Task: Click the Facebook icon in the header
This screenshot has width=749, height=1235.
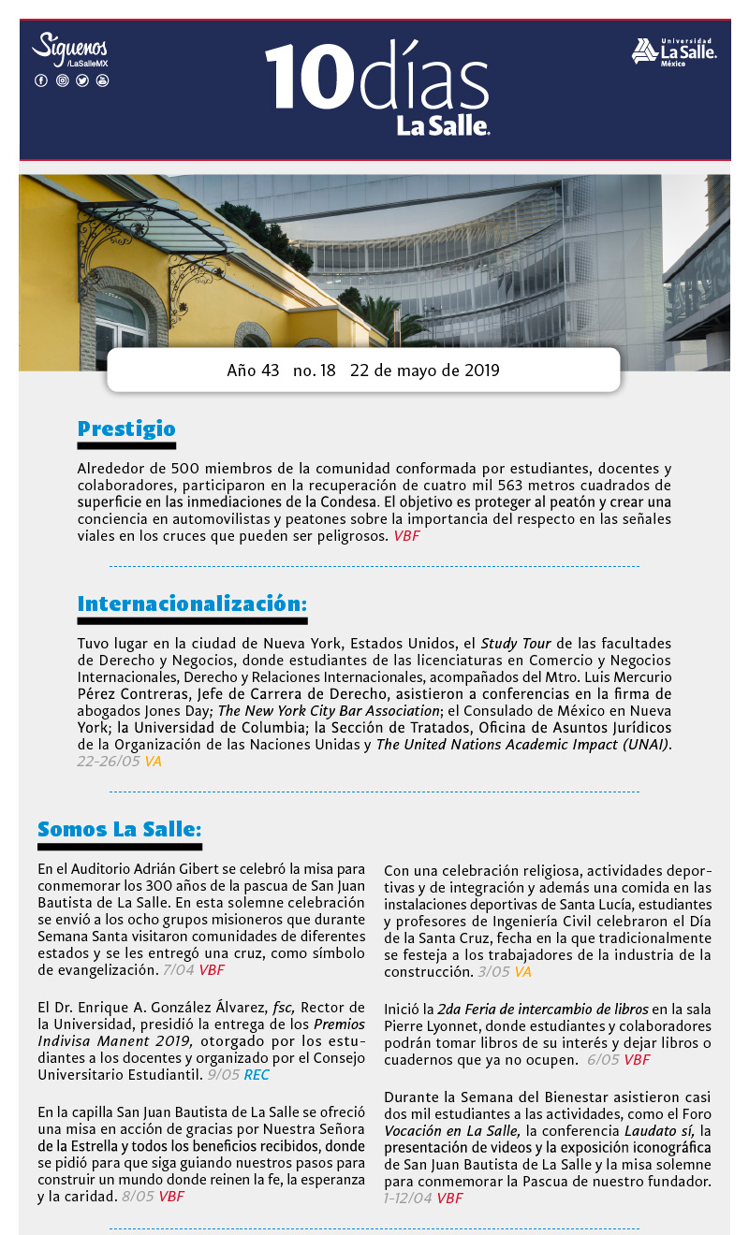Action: click(x=41, y=80)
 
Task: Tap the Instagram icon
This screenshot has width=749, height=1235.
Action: click(x=62, y=80)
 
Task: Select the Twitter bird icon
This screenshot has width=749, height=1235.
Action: click(x=82, y=80)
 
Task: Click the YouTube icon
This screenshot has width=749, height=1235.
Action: click(x=103, y=80)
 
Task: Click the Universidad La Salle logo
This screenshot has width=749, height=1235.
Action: click(x=674, y=51)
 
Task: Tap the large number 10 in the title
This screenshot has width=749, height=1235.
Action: click(x=301, y=78)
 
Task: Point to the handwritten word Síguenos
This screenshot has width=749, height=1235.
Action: click(x=69, y=46)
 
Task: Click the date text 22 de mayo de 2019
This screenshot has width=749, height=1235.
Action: click(x=424, y=370)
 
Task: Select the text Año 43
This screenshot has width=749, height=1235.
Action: click(x=253, y=370)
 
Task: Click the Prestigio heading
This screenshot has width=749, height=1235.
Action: click(x=126, y=429)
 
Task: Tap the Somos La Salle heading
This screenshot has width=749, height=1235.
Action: click(x=119, y=829)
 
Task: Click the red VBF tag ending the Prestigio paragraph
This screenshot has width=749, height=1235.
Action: click(x=406, y=536)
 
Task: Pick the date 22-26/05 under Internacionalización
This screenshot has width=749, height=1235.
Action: click(x=108, y=762)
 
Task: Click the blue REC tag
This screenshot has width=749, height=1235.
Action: click(x=257, y=1075)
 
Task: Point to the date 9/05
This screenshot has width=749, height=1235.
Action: click(x=224, y=1075)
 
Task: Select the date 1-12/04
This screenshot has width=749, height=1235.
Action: click(x=407, y=1198)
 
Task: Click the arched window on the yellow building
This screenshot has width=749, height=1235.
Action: click(x=120, y=318)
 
